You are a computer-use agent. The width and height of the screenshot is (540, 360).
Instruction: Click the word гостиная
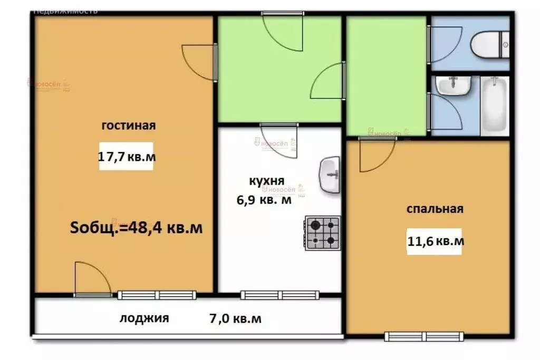click(x=128, y=125)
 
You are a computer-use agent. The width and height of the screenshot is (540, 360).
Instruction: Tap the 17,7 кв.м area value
click(x=127, y=157)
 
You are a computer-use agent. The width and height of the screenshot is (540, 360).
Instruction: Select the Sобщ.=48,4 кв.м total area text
click(x=137, y=228)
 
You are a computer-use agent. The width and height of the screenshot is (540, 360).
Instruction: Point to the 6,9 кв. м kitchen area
click(x=264, y=200)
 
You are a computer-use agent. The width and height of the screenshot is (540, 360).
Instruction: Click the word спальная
click(x=435, y=209)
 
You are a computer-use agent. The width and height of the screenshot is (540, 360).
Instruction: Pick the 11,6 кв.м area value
click(x=435, y=241)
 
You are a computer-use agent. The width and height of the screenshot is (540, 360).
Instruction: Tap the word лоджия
click(x=144, y=318)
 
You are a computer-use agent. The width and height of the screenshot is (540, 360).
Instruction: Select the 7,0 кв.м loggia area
click(x=235, y=318)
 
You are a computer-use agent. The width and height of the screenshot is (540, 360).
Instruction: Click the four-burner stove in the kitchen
click(x=322, y=233)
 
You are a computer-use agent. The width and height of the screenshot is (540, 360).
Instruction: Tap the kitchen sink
click(x=330, y=174)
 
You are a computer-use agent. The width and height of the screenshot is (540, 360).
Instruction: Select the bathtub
click(x=494, y=104)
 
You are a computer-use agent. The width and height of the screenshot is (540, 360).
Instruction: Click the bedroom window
click(x=424, y=336)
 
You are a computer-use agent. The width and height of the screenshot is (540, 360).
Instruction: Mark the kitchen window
click(x=280, y=295)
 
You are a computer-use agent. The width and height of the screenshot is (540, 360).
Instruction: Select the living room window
click(x=157, y=295)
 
